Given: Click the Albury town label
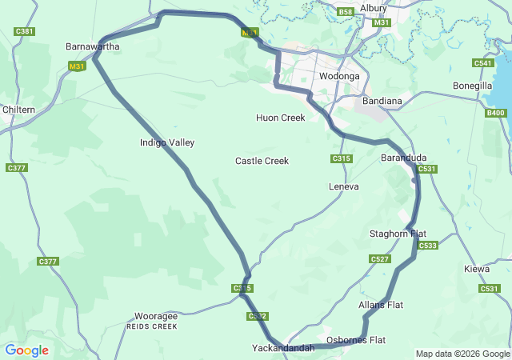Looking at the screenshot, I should pyautogui.click(x=373, y=8).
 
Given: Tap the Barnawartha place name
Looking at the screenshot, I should pyautogui.click(x=93, y=47).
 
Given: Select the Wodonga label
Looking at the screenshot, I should pyautogui.click(x=339, y=76).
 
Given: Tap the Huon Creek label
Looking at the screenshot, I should pyautogui.click(x=281, y=118).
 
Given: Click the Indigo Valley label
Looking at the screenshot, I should pyautogui.click(x=167, y=142).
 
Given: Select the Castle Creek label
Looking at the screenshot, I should pyautogui.click(x=262, y=161).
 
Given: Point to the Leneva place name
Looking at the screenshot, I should pyautogui.click(x=344, y=186).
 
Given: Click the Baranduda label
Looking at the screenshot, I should pyautogui.click(x=403, y=158).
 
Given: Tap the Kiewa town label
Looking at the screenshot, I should pyautogui.click(x=477, y=269).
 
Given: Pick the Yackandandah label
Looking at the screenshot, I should pyautogui.click(x=283, y=349).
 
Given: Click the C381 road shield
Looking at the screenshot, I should pyautogui.click(x=25, y=31).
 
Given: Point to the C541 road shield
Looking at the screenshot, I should pyautogui.click(x=483, y=63).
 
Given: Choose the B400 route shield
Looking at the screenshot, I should pyautogui.click(x=495, y=113).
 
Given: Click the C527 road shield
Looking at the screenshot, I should pyautogui.click(x=379, y=258).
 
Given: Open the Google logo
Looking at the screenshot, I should pyautogui.click(x=26, y=350).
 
